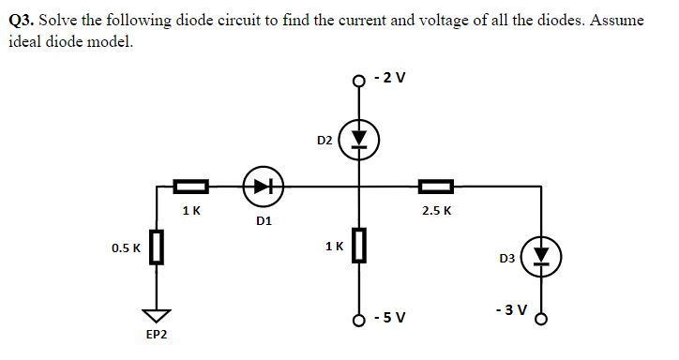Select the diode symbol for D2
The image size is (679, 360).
[x=357, y=141]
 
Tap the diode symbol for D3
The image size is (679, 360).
[x=541, y=256]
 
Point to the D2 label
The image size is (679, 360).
[x=324, y=141]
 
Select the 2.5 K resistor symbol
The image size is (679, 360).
[x=436, y=186]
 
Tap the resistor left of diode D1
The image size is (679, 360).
[x=190, y=186]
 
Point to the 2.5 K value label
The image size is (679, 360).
[x=436, y=210]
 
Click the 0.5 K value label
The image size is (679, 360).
[x=126, y=248]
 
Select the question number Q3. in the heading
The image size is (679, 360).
[x=23, y=19]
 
